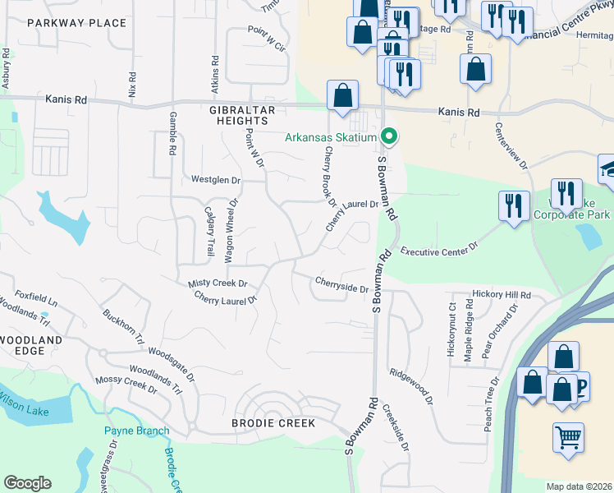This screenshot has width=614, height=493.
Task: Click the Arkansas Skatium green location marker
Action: click(391, 137)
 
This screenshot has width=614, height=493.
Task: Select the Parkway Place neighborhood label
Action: click(77, 23)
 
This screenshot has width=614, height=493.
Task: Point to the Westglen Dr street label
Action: click(215, 179)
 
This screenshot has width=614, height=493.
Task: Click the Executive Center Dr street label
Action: click(440, 246)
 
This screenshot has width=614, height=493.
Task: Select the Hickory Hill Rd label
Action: click(502, 294)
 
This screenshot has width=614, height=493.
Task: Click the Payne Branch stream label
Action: click(136, 431)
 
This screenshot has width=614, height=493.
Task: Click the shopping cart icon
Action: click(567, 439)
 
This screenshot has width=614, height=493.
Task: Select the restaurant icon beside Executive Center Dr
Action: click(514, 208)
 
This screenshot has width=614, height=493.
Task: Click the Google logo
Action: click(27, 483)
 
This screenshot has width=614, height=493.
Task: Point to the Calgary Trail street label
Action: click(208, 231)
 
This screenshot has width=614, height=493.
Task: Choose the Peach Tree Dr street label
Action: click(492, 402)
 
